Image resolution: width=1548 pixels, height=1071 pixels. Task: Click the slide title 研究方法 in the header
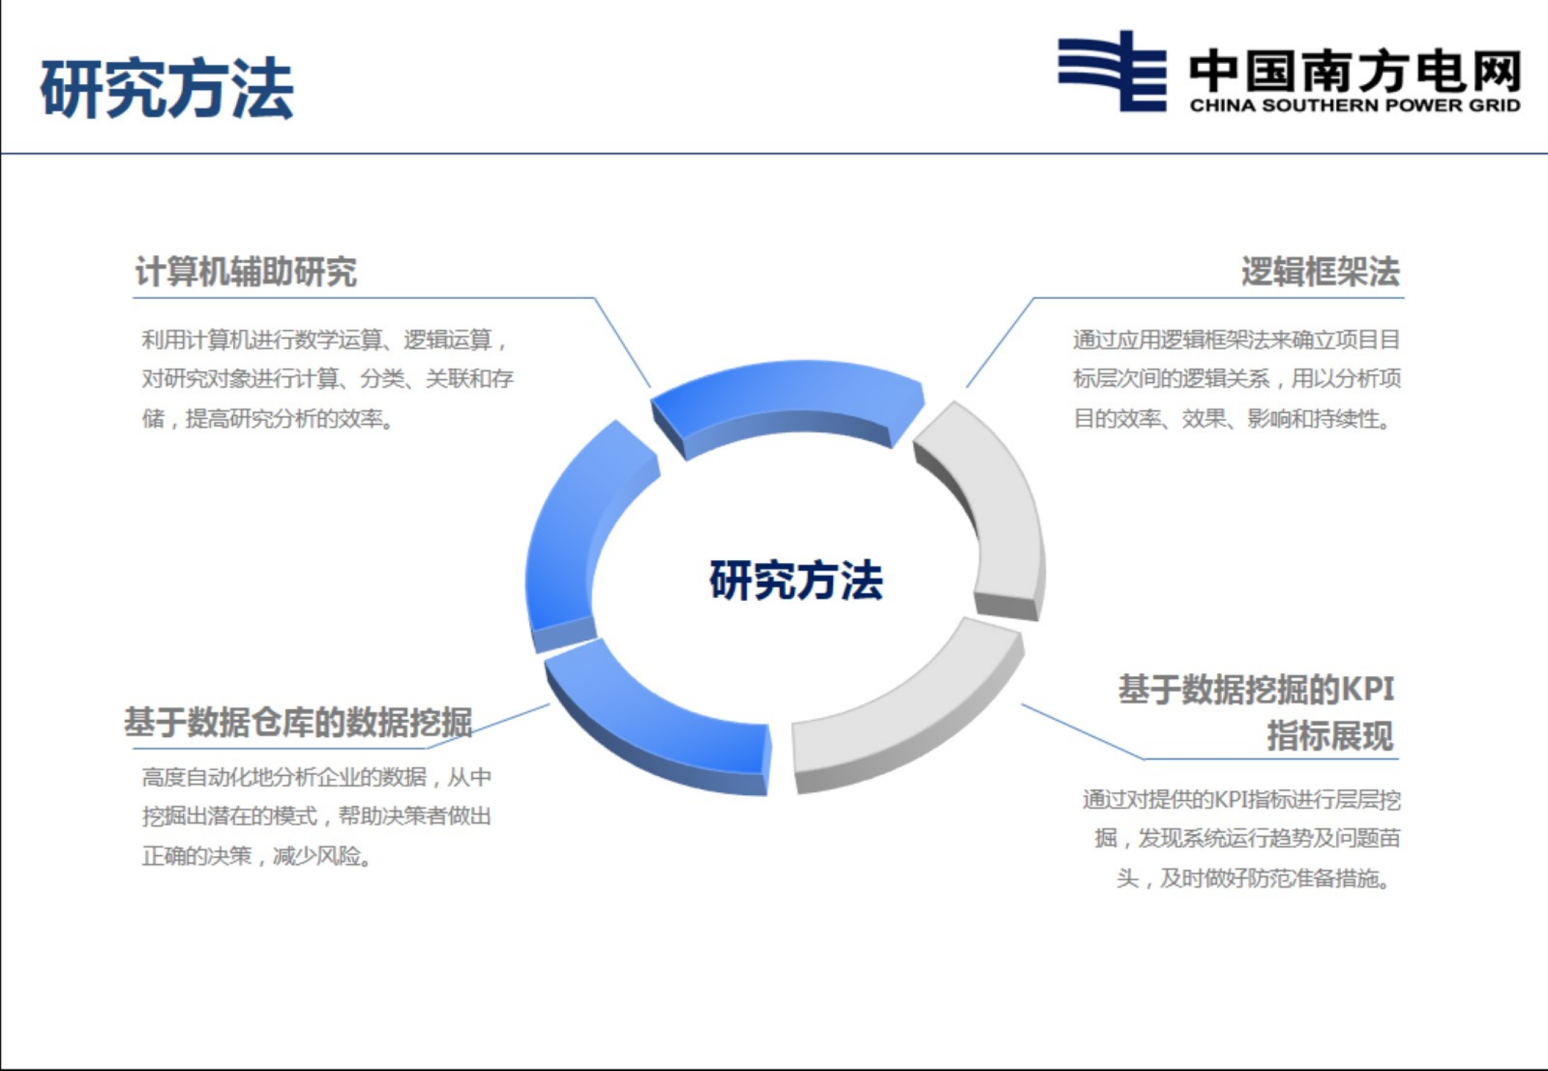click(167, 88)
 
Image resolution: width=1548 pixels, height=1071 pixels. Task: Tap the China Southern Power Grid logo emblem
click(1112, 71)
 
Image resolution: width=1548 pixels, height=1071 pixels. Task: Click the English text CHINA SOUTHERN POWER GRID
click(1354, 106)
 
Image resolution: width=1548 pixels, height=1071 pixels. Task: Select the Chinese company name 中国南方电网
click(1354, 71)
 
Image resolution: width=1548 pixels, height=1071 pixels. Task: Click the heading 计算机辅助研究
click(246, 271)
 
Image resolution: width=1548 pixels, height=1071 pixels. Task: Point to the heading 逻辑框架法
click(1320, 271)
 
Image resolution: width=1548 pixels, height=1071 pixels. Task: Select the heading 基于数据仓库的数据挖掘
click(298, 722)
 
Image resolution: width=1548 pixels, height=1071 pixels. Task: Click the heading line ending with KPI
click(1256, 689)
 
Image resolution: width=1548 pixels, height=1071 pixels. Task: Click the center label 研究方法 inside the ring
click(796, 580)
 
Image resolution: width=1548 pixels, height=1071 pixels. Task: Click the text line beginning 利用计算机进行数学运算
click(324, 340)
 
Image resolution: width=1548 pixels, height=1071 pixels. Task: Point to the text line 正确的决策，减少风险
click(257, 856)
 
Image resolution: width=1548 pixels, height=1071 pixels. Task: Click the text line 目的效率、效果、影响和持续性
click(1232, 419)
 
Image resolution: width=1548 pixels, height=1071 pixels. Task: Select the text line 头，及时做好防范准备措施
click(1253, 878)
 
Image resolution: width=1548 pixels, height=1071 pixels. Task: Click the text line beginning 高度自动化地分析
click(316, 777)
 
